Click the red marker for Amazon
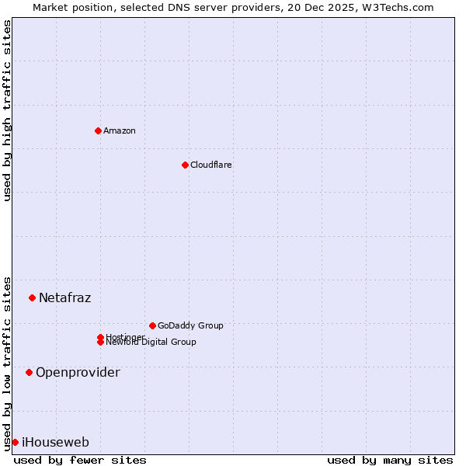click(98, 130)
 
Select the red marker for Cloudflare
click(185, 165)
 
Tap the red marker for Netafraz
click(32, 297)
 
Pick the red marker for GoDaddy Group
click(152, 325)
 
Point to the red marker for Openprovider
click(29, 372)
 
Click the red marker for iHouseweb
click(15, 442)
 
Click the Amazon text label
click(119, 130)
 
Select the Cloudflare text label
click(210, 165)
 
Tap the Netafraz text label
click(64, 297)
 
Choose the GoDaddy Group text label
click(190, 325)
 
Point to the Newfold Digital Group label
click(151, 343)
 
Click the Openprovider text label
click(78, 372)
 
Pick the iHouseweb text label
click(55, 442)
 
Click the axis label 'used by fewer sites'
click(80, 460)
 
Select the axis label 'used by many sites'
click(389, 460)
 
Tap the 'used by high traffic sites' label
click(7, 110)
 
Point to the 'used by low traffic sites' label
click(7, 363)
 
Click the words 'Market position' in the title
click(68, 7)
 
